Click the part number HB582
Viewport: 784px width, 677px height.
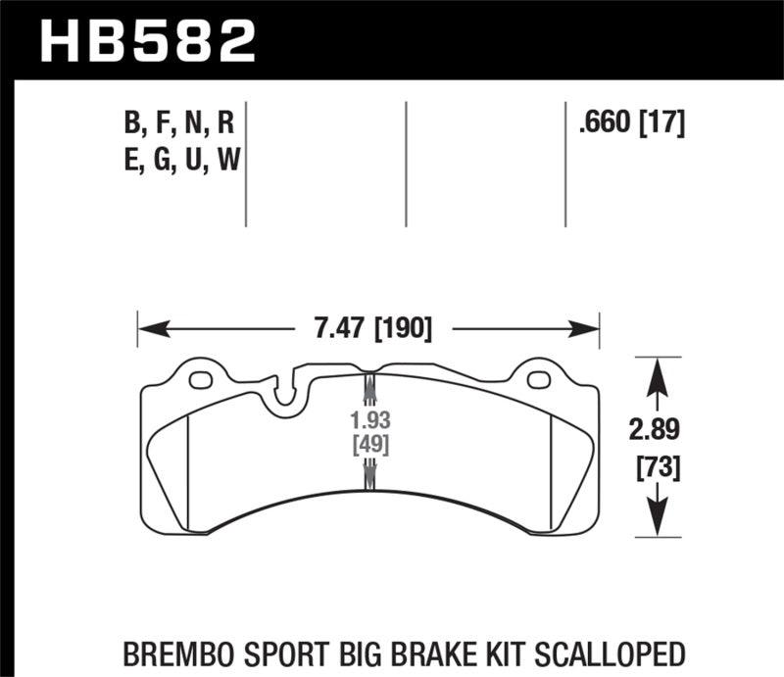147,40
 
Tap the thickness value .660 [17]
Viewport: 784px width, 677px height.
631,123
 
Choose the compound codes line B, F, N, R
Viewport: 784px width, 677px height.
177,123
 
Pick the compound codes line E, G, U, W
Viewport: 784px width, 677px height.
177,159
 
